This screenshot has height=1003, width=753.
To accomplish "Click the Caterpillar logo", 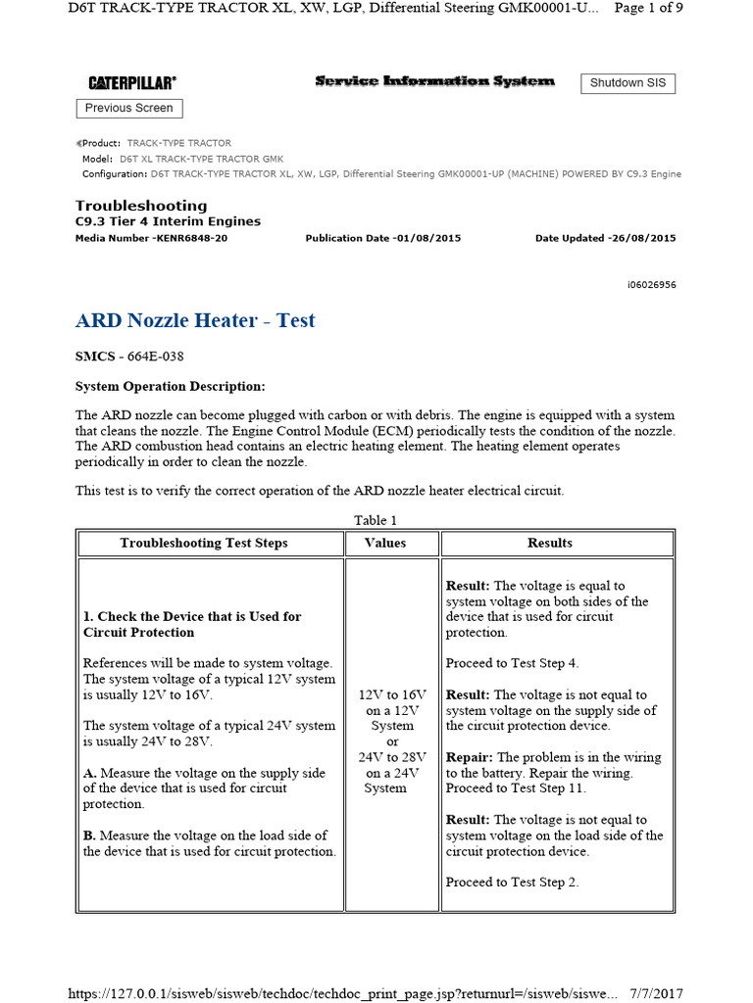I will [132, 83].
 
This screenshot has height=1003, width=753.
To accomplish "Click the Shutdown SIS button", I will [627, 83].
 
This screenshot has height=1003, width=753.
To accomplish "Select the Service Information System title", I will [434, 81].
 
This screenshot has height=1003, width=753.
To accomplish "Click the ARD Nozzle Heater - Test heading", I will [195, 320].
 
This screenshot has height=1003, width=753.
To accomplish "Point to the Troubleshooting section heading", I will [141, 206].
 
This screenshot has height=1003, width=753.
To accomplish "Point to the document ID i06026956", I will [651, 285].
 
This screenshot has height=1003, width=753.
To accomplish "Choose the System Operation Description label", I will [170, 387].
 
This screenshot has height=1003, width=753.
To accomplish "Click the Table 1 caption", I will [376, 520].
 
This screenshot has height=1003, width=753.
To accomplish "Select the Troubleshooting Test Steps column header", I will [204, 543].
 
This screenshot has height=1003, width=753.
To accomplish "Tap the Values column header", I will [385, 543].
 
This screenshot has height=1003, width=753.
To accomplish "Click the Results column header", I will [550, 543].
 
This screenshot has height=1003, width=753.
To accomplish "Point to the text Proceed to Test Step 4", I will [512, 663].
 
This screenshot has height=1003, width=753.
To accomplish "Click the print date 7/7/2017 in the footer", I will [657, 993].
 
